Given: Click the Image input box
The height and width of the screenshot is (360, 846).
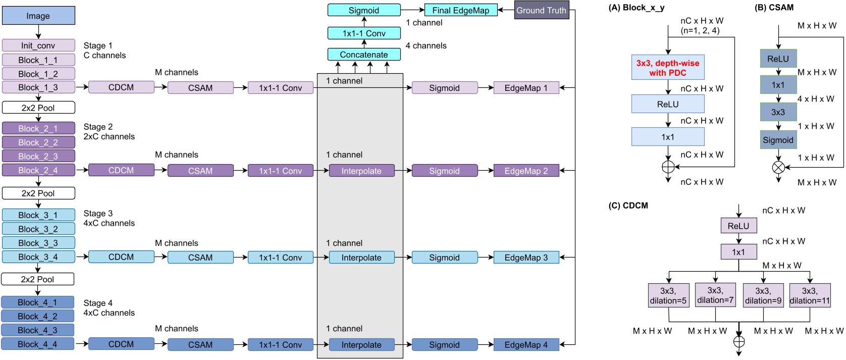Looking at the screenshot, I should pyautogui.click(x=38, y=16).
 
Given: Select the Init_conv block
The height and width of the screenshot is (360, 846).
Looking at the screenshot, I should pyautogui.click(x=38, y=45).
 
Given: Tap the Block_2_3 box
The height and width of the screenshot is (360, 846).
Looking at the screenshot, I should pyautogui.click(x=38, y=156).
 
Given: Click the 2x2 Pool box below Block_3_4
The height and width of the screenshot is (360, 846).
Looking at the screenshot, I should pyautogui.click(x=38, y=279).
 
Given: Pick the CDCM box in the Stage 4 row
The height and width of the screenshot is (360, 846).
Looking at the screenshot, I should pyautogui.click(x=121, y=344).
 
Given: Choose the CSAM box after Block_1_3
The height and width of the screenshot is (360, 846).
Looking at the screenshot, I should pyautogui.click(x=200, y=88).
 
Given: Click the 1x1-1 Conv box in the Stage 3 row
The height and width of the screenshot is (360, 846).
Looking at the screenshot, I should pyautogui.click(x=281, y=258).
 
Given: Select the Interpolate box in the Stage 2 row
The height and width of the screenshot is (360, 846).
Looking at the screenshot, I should pyautogui.click(x=361, y=171).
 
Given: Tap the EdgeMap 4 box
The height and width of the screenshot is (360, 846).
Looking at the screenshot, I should pyautogui.click(x=526, y=345).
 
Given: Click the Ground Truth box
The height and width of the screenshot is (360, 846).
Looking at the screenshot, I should pyautogui.click(x=541, y=10).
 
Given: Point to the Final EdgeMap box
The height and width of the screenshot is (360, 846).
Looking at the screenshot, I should pyautogui.click(x=460, y=10).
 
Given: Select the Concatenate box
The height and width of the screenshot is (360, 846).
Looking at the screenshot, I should pyautogui.click(x=364, y=55).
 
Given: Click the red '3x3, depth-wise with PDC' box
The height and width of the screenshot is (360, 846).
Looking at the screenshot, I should pyautogui.click(x=667, y=68).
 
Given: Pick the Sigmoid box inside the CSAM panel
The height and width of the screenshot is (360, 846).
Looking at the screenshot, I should pyautogui.click(x=778, y=140).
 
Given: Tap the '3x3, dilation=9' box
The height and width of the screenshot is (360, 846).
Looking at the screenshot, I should pyautogui.click(x=763, y=295).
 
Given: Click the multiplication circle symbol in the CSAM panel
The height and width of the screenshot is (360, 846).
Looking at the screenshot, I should pyautogui.click(x=778, y=167).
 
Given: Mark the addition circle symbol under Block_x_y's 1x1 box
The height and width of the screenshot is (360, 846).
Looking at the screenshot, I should pyautogui.click(x=668, y=167).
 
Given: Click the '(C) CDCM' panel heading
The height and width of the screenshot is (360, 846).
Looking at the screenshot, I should pyautogui.click(x=628, y=205).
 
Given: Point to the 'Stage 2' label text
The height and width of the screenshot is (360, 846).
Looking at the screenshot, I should pyautogui.click(x=98, y=127).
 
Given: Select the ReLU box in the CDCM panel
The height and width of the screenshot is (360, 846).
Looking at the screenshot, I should pyautogui.click(x=738, y=226).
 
